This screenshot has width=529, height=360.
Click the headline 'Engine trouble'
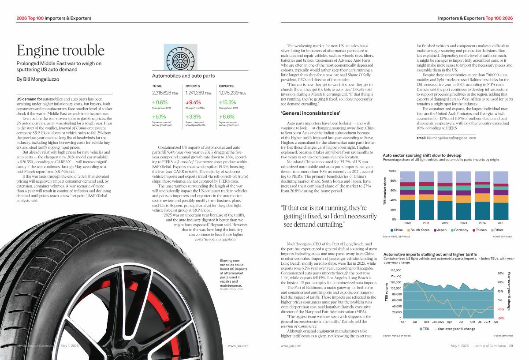coord(60,50)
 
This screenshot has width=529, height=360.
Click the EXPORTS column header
coord(226,86)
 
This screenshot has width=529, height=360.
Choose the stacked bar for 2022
coord(445,199)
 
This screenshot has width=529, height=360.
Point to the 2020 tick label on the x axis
coord(408,223)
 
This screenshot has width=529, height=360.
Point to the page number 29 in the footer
coord(510,346)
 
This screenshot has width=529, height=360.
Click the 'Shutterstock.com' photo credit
coord(231,289)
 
